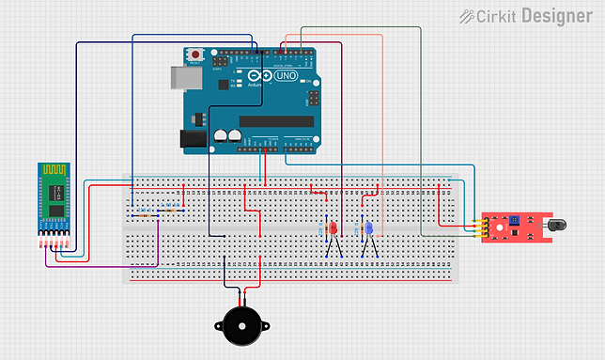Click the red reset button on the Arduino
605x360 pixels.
(195, 55)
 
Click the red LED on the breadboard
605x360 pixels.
(332, 228)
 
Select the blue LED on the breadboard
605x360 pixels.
(369, 228)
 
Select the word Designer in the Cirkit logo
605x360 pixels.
(556, 16)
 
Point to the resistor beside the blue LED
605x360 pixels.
(360, 228)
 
